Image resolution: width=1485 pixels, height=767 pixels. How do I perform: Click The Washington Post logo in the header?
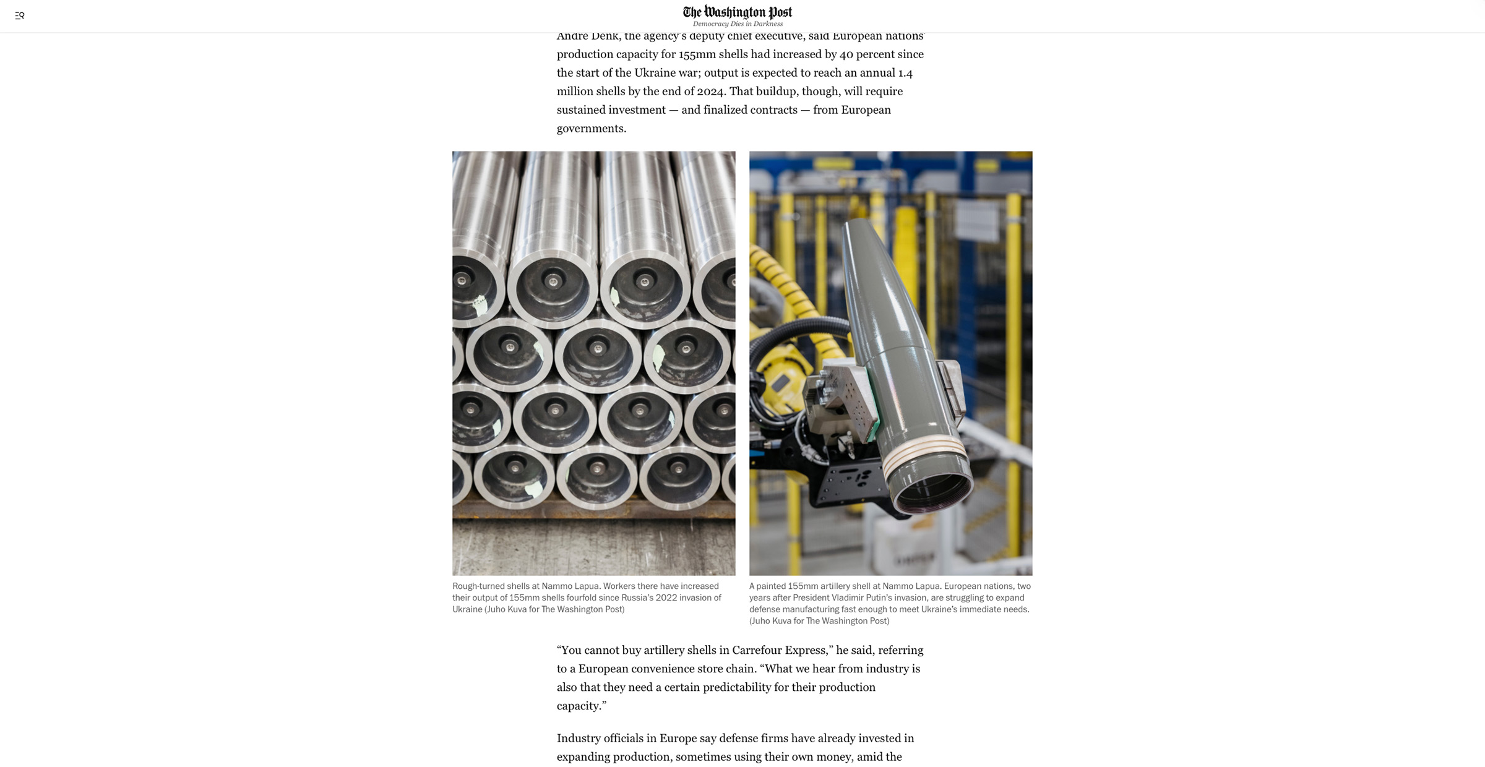[x=737, y=12]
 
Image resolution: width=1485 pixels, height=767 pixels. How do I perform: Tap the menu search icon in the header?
[x=20, y=16]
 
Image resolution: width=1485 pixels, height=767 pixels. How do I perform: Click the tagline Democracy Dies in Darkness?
[x=738, y=24]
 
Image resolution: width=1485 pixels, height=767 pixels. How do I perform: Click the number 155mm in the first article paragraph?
[x=697, y=54]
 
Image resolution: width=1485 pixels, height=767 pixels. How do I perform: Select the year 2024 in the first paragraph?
[x=710, y=92]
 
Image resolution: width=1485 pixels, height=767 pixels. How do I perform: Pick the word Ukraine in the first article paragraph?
[x=655, y=73]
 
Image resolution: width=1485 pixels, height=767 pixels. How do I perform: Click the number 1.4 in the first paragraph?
[x=905, y=73]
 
